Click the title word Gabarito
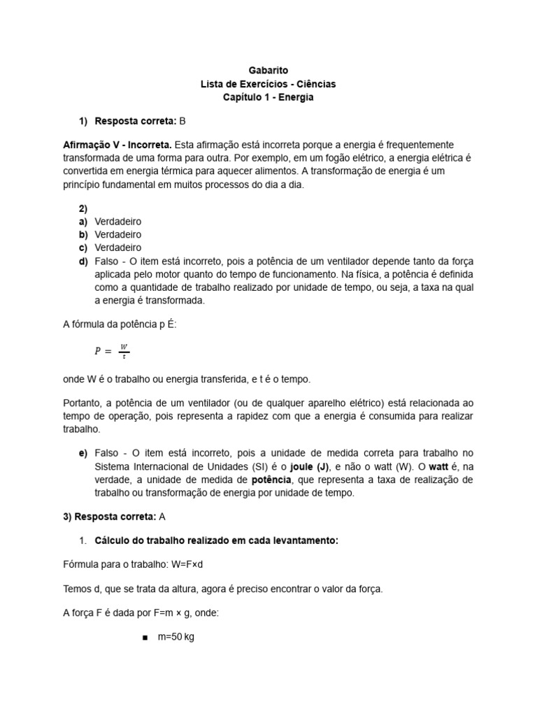pyautogui.click(x=268, y=70)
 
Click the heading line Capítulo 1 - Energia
pyautogui.click(x=268, y=97)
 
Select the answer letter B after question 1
pyautogui.click(x=183, y=121)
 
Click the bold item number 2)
pyautogui.click(x=83, y=208)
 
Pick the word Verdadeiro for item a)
pyautogui.click(x=117, y=222)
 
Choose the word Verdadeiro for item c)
pyautogui.click(x=117, y=248)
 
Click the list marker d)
pyautogui.click(x=83, y=261)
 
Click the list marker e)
pyautogui.click(x=83, y=453)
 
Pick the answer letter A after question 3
pyautogui.click(x=163, y=517)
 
